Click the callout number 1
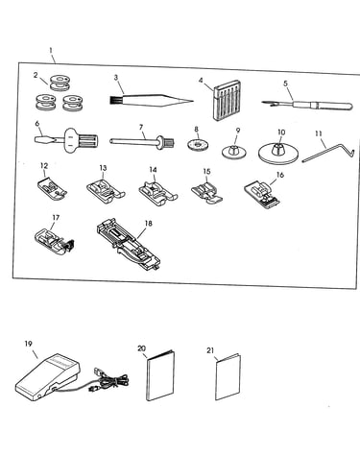(x=51, y=50)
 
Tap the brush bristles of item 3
(x=113, y=100)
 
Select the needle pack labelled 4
(x=227, y=100)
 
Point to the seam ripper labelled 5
(x=307, y=105)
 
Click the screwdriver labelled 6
(x=66, y=140)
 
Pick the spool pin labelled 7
(x=142, y=142)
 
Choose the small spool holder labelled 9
(x=235, y=151)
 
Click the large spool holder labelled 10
(x=278, y=154)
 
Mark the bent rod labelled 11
(x=327, y=153)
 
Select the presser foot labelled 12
(x=51, y=187)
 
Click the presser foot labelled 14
(x=158, y=192)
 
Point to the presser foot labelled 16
(x=263, y=194)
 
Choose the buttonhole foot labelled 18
(x=128, y=244)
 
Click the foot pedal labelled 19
(x=48, y=377)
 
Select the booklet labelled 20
(x=160, y=375)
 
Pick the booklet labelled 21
(x=228, y=376)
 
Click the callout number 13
(x=103, y=168)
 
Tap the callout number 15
(x=207, y=172)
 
